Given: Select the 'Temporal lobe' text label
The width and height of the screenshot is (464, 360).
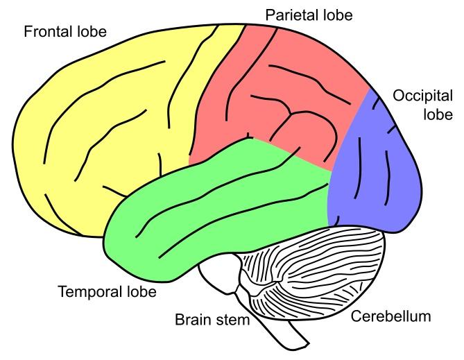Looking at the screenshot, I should click(x=107, y=291).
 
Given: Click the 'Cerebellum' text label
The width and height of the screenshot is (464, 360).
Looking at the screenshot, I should click(x=391, y=317).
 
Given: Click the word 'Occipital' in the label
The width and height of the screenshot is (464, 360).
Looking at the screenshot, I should click(x=422, y=96).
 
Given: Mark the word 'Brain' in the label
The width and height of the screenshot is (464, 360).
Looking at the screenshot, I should click(x=189, y=320).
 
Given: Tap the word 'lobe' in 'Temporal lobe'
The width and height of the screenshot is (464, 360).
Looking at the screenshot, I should click(x=140, y=291).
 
